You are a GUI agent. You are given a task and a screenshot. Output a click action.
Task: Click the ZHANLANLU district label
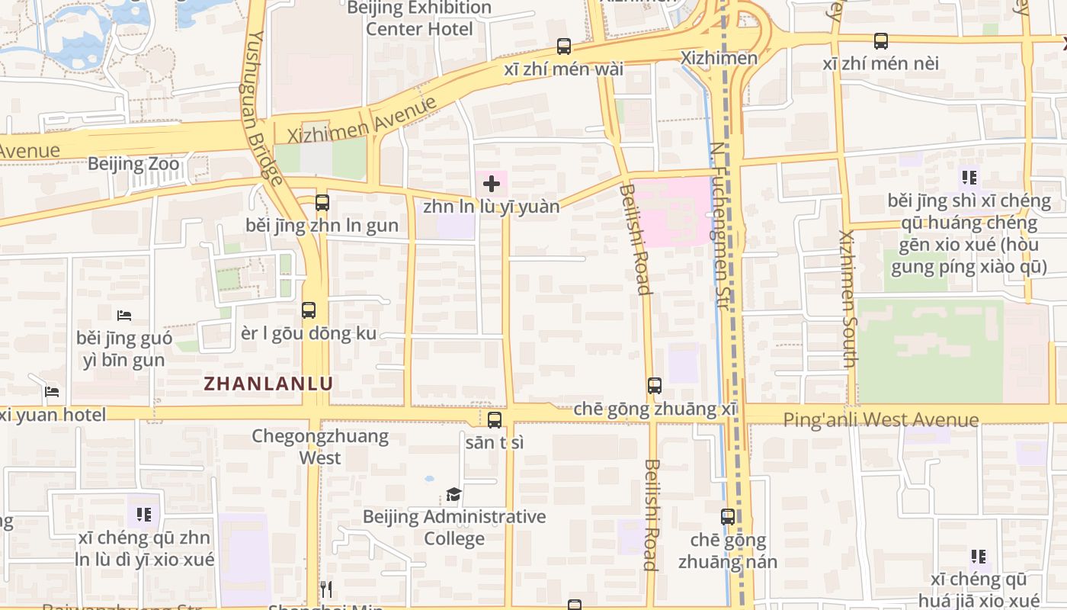[x=268, y=384]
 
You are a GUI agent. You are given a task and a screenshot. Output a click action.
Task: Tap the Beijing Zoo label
[x=133, y=164]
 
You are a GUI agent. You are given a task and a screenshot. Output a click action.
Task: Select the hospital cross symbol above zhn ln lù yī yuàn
[x=492, y=183]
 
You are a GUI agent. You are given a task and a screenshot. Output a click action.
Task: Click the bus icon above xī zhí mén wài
[x=563, y=47]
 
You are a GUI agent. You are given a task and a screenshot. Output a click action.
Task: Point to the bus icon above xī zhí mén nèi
[x=880, y=41]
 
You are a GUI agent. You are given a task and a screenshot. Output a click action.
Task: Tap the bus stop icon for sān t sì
[x=495, y=420]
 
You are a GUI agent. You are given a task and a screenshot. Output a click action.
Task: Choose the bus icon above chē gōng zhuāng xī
[x=654, y=386]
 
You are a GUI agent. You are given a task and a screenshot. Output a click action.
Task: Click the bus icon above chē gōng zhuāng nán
[x=728, y=517]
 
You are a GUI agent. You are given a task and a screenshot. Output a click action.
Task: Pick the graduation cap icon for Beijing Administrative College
[x=453, y=495]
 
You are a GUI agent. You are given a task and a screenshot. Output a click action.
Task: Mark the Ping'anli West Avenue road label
[x=880, y=419]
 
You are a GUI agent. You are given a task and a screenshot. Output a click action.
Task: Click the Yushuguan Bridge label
[x=266, y=107]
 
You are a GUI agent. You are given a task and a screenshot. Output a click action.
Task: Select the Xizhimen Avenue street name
[x=363, y=120]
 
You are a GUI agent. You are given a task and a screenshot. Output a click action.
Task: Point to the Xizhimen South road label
[x=848, y=297]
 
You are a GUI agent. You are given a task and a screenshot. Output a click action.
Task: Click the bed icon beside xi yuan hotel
[x=52, y=392]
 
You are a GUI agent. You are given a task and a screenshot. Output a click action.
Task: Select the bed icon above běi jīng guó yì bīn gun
[x=124, y=315]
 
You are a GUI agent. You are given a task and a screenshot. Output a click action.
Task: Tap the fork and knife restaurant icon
[x=325, y=589]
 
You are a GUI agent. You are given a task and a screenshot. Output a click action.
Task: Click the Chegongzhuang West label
[x=320, y=447]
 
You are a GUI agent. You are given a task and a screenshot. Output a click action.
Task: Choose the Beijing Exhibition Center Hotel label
[x=419, y=18]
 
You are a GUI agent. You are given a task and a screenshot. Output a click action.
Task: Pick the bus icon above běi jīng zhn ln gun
[x=322, y=203]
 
